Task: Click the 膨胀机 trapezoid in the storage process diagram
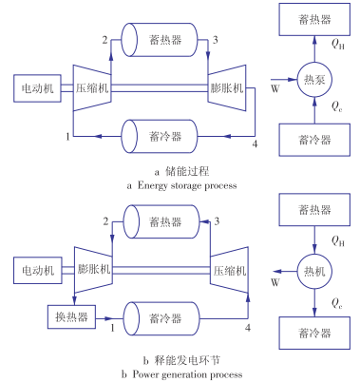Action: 227,88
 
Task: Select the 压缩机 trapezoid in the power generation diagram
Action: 229,271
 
